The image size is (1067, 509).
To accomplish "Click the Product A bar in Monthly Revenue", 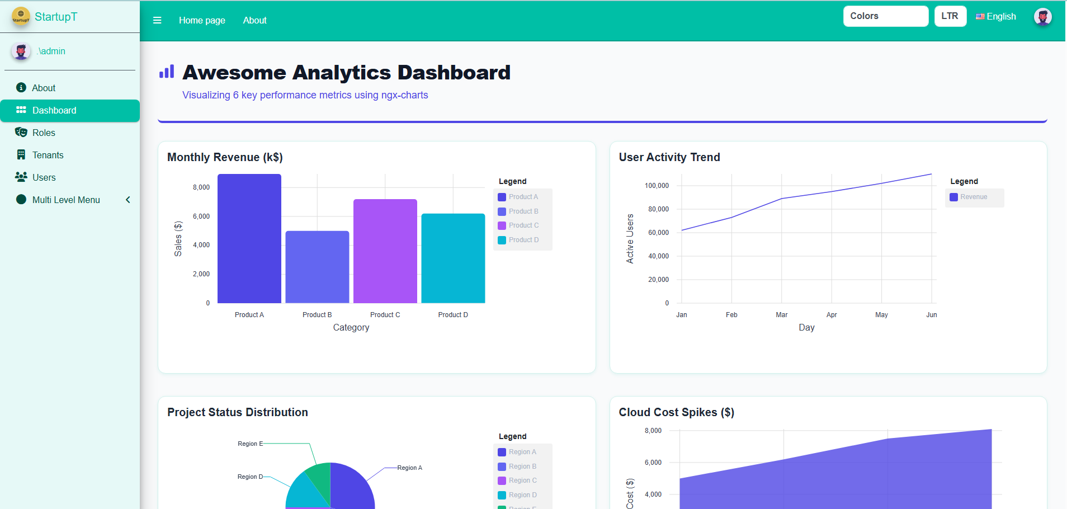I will pyautogui.click(x=249, y=238).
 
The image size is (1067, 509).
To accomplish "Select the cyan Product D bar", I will pyautogui.click(x=453, y=258).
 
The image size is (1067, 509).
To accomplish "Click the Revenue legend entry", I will pyautogui.click(x=973, y=197).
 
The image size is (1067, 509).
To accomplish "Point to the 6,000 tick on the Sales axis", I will pyautogui.click(x=201, y=216).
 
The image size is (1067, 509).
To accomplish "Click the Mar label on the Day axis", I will pyautogui.click(x=781, y=315).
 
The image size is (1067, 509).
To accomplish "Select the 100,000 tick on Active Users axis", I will pyautogui.click(x=657, y=186).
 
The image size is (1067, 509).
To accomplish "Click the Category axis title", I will pyautogui.click(x=351, y=328).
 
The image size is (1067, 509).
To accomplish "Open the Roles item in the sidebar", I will pyautogui.click(x=44, y=133).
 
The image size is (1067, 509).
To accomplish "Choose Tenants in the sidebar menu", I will pyautogui.click(x=48, y=155).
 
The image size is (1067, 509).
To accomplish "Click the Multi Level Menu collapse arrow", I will pyautogui.click(x=128, y=200).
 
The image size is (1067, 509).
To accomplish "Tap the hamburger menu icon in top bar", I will pyautogui.click(x=157, y=20).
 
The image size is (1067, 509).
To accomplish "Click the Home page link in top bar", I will pyautogui.click(x=202, y=20).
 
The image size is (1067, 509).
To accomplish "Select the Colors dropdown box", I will pyautogui.click(x=885, y=16).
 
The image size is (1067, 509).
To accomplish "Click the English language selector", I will pyautogui.click(x=996, y=17).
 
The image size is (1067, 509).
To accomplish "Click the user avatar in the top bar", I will pyautogui.click(x=1042, y=17).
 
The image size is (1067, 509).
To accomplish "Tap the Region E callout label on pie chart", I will pyautogui.click(x=250, y=444).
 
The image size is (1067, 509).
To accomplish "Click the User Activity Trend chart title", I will pyautogui.click(x=669, y=157).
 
